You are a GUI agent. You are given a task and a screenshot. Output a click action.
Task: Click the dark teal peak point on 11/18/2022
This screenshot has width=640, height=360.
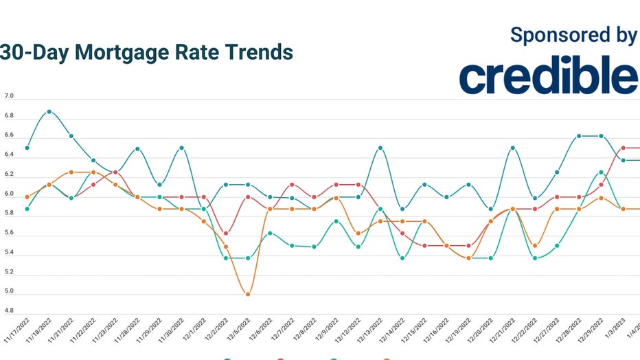(x=49, y=111)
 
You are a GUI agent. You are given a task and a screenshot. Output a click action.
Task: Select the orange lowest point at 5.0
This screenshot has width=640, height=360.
(x=248, y=295)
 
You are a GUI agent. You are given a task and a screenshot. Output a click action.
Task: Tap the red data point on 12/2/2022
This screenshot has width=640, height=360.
(x=226, y=233)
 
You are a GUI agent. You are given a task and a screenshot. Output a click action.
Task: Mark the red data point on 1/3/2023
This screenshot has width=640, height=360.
(x=623, y=148)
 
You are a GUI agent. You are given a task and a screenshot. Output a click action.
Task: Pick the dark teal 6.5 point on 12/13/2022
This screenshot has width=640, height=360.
(x=380, y=148)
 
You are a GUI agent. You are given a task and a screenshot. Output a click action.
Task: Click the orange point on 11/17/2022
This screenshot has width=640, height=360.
(x=27, y=197)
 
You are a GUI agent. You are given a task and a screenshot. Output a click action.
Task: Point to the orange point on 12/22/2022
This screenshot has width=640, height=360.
(x=535, y=245)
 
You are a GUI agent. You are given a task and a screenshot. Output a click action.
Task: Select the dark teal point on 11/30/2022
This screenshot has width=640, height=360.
(x=181, y=148)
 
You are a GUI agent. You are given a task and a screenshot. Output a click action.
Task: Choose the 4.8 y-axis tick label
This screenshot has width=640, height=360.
(x=9, y=311)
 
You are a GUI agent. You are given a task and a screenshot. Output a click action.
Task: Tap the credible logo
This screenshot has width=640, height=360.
(x=549, y=76)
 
